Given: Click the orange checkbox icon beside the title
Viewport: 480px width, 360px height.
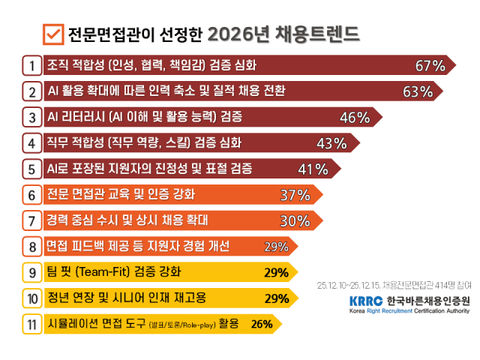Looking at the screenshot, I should pyautogui.click(x=53, y=34).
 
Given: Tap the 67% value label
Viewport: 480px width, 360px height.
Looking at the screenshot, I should pyautogui.click(x=430, y=66).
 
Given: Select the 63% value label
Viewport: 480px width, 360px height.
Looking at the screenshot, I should pyautogui.click(x=418, y=92).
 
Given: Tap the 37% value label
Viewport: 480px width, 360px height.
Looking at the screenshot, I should pyautogui.click(x=295, y=195).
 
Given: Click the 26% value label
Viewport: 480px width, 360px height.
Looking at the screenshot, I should pyautogui.click(x=262, y=324).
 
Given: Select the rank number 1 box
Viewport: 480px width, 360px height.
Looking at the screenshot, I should pyautogui.click(x=32, y=65).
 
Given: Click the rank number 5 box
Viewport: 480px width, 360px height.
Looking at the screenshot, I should pyautogui.click(x=32, y=168).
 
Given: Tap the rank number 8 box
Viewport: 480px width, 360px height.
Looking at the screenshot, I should pyautogui.click(x=32, y=246).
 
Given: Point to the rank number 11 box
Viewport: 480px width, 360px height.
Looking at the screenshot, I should pyautogui.click(x=32, y=324).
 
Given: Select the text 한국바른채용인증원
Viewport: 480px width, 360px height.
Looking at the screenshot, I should pyautogui.click(x=428, y=301).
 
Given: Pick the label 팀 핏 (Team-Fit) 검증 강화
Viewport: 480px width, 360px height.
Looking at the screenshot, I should pyautogui.click(x=113, y=271).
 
